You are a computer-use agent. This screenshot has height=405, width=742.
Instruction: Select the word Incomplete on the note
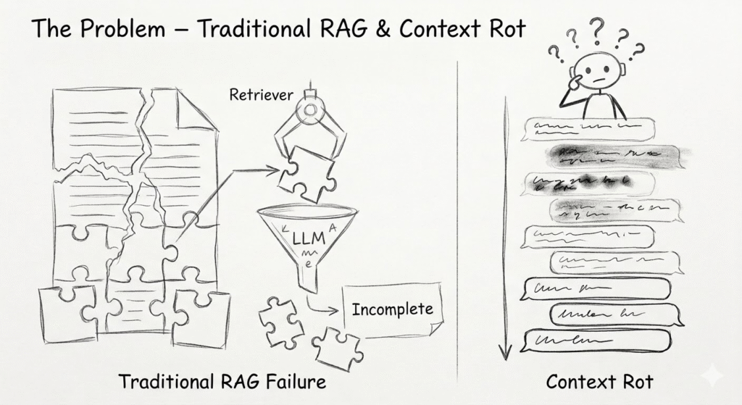pyautogui.click(x=392, y=309)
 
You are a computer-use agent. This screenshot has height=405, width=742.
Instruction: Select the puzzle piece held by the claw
pyautogui.click(x=307, y=172)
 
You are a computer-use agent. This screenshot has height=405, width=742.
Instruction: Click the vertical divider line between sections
pyautogui.click(x=458, y=217)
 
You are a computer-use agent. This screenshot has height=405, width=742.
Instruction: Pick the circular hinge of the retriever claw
pyautogui.click(x=309, y=109)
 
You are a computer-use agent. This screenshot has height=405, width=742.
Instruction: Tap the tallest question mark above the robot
pyautogui.click(x=596, y=30)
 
